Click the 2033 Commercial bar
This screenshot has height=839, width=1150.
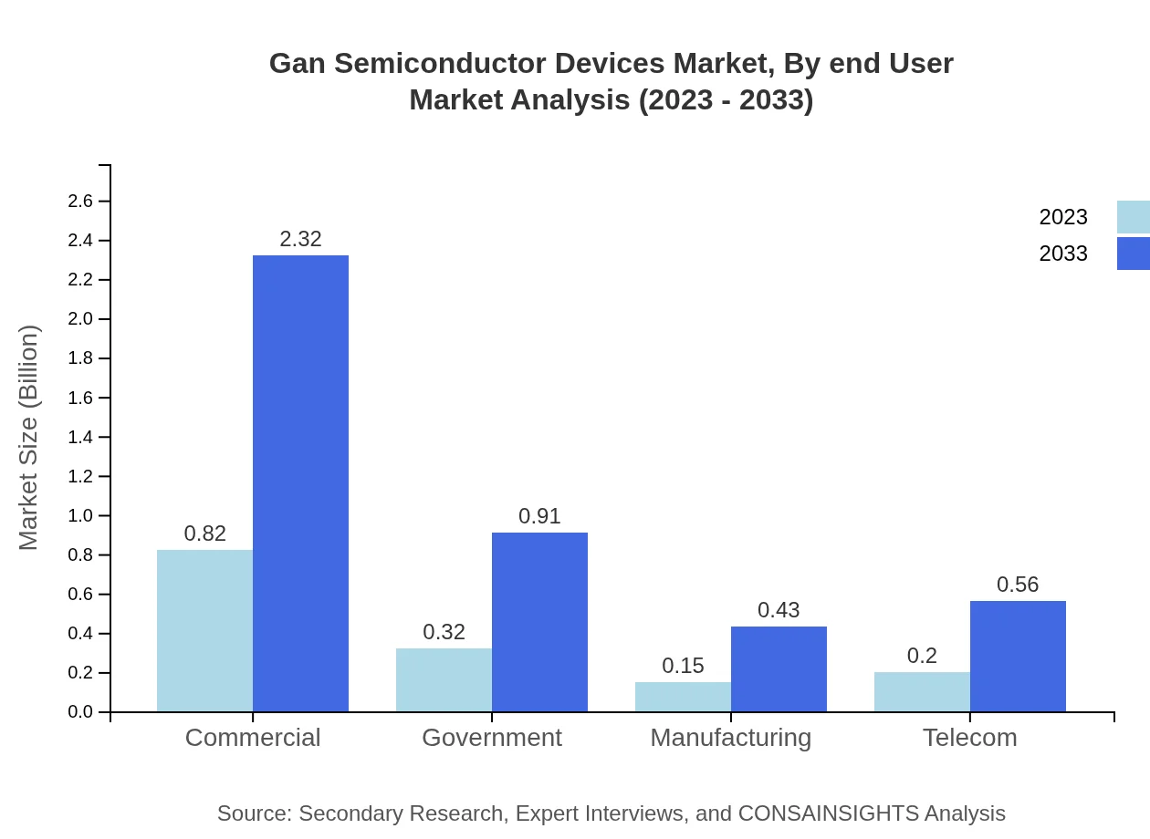pos(300,483)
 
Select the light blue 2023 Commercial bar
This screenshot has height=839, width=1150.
pos(204,630)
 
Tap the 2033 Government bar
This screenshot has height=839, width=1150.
pos(539,622)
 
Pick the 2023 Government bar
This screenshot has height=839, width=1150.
pos(444,679)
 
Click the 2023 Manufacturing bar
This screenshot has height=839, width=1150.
pos(683,697)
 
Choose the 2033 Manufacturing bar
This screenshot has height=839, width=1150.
pos(779,668)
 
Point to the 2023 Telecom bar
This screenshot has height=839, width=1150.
pos(922,691)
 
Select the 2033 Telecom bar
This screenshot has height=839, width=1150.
pos(1018,656)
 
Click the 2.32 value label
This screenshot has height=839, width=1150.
pos(300,239)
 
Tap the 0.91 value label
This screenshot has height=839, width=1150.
pos(539,516)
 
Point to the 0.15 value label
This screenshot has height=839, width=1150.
pos(683,666)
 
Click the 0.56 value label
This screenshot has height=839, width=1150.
pos(1018,585)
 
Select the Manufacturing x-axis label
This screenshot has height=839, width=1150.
pos(730,738)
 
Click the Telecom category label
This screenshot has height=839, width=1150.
pos(969,738)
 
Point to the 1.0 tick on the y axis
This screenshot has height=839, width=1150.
pos(82,516)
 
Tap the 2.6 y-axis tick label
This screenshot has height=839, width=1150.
pos(82,202)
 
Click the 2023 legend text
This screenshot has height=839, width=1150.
pos(1063,217)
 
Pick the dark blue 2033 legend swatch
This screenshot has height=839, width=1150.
pos(1133,254)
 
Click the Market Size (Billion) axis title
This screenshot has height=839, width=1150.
pos(29,438)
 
